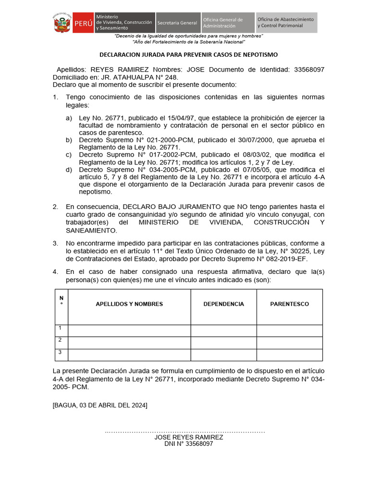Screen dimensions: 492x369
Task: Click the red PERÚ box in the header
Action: coord(84,23)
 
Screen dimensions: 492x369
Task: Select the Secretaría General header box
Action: coord(177,23)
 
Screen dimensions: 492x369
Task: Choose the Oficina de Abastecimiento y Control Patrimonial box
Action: coord(286,23)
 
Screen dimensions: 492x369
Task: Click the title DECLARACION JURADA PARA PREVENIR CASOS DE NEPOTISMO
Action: coord(188,55)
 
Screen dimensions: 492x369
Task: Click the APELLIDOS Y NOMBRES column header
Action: coord(129,304)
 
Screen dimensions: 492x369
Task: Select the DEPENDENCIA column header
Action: coord(223,304)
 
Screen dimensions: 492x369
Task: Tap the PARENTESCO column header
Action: coord(289,304)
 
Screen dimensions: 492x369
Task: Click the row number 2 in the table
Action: coord(60,340)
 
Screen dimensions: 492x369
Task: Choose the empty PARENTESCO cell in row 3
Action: coord(289,355)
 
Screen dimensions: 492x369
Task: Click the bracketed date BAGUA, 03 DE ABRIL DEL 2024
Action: coord(100,406)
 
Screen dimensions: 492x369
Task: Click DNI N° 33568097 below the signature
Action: coord(188,444)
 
